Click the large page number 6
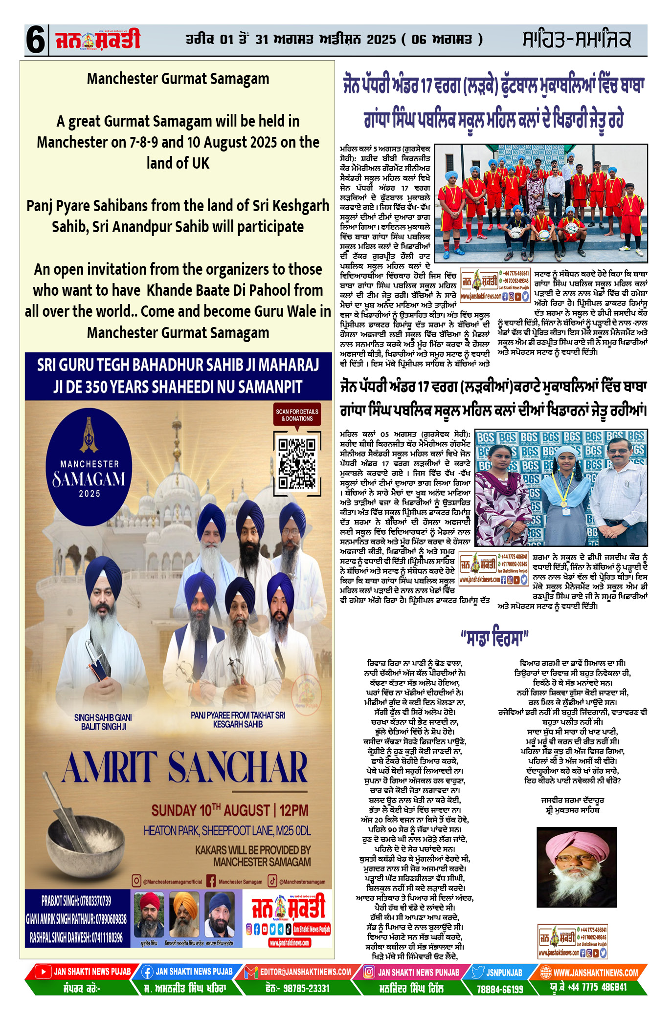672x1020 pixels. pyautogui.click(x=36, y=40)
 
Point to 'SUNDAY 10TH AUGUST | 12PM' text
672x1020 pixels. pyautogui.click(x=229, y=810)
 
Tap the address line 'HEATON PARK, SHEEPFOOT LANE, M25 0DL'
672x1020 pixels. pyautogui.click(x=227, y=830)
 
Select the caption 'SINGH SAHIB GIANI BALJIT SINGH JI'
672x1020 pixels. pyautogui.click(x=103, y=722)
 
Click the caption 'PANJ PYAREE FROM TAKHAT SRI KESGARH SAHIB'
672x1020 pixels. pyautogui.click(x=238, y=719)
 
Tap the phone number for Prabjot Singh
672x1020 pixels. pyautogui.click(x=76, y=900)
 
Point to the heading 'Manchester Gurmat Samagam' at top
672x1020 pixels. pyautogui.click(x=178, y=79)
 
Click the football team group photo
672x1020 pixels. pyautogui.click(x=540, y=203)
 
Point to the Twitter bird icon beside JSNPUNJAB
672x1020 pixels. pyautogui.click(x=478, y=972)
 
